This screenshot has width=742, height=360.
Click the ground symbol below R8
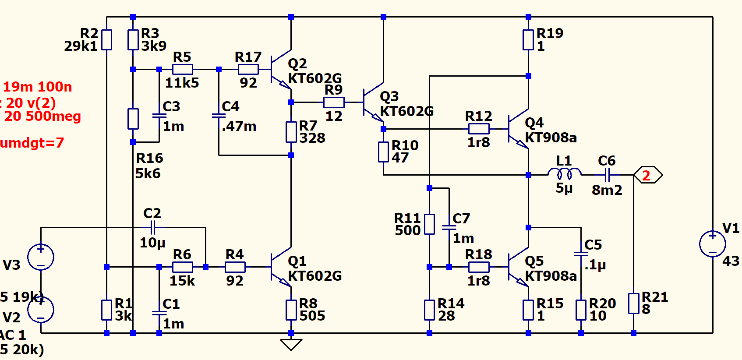291,344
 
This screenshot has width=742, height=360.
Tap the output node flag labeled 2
648,175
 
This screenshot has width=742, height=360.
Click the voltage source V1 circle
713,244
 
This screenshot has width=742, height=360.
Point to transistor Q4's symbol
519,129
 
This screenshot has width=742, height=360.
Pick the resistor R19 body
528,40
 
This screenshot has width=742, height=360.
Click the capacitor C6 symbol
607,175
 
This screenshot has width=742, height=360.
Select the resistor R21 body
633,304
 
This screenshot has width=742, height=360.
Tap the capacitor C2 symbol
152,227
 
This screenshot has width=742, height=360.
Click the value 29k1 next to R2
81,46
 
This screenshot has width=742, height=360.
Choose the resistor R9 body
334,102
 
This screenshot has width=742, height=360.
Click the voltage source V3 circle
41,257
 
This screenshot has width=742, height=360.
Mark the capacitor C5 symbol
581,254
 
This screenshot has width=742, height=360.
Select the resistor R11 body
429,224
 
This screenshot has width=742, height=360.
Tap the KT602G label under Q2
314,78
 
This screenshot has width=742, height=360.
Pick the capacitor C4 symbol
219,116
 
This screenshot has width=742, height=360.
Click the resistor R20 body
581,310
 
